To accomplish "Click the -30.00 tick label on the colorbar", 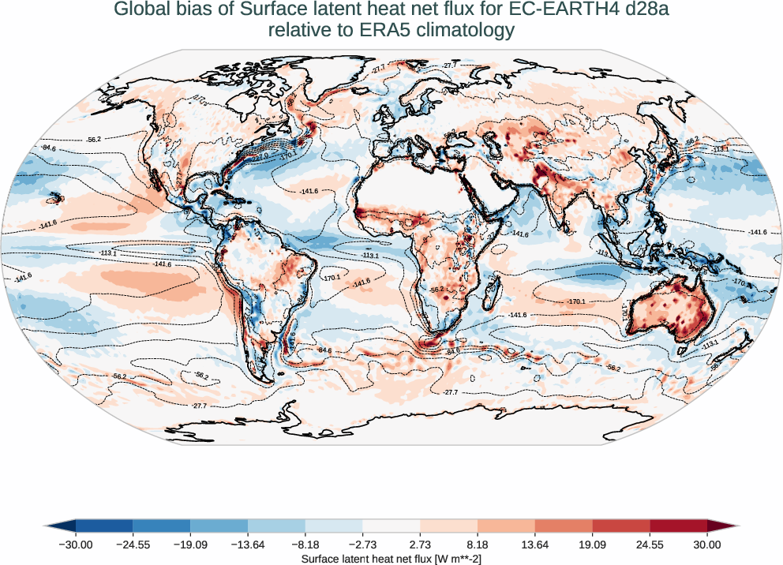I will coord(76,544).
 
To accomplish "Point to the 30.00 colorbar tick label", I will coord(707,544).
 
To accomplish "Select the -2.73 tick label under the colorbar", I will coord(363,544).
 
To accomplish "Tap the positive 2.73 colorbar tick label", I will coord(420,544).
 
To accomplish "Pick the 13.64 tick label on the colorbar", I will coord(535,544).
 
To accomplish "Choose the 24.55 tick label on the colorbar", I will coord(650,544).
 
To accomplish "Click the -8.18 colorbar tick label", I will coord(305,544).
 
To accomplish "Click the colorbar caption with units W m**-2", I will coord(391,558).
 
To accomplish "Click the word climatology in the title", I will coord(468,31).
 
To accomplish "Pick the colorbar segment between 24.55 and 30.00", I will coord(678,526).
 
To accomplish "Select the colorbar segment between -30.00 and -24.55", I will coord(104,526).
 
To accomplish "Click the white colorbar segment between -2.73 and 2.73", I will coord(391,526).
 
